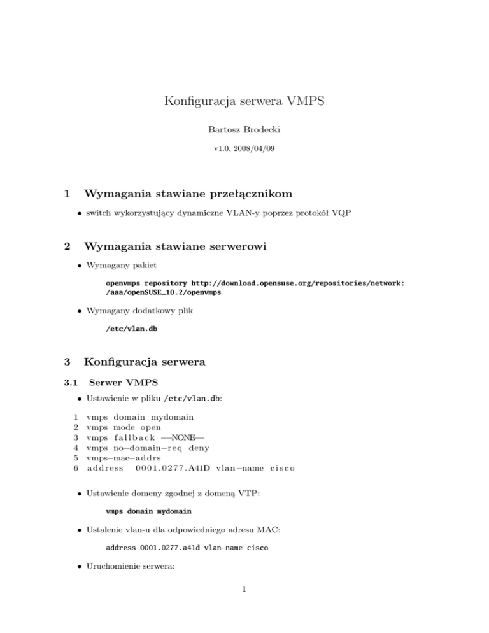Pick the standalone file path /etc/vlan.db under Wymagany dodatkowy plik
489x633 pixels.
click(x=131, y=329)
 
